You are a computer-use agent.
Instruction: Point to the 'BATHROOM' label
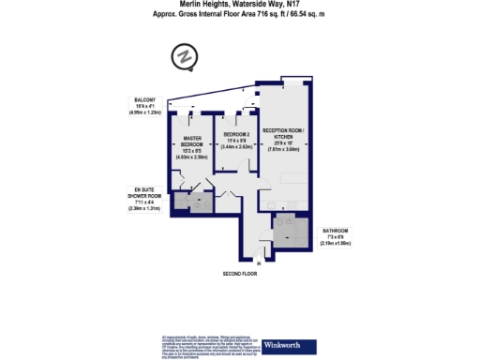click(x=336, y=231)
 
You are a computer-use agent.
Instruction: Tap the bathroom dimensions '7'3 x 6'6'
click(x=336, y=237)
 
